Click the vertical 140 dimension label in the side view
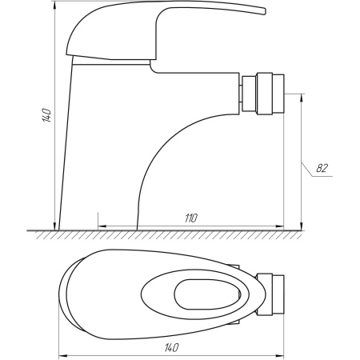tap(47, 114)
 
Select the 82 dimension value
tap(322, 169)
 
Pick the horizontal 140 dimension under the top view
tap(170, 348)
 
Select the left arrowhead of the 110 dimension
tap(100, 226)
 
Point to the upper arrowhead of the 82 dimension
tap(302, 97)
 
